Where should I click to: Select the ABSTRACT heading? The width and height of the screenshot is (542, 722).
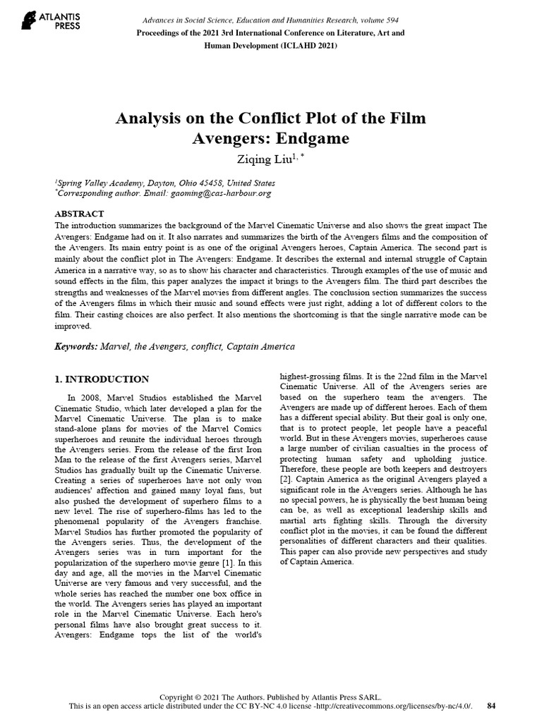tap(79, 214)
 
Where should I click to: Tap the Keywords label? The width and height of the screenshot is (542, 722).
tap(76, 347)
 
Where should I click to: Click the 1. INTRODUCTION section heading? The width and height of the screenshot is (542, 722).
tap(102, 379)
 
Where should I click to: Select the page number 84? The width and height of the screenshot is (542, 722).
tap(492, 705)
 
